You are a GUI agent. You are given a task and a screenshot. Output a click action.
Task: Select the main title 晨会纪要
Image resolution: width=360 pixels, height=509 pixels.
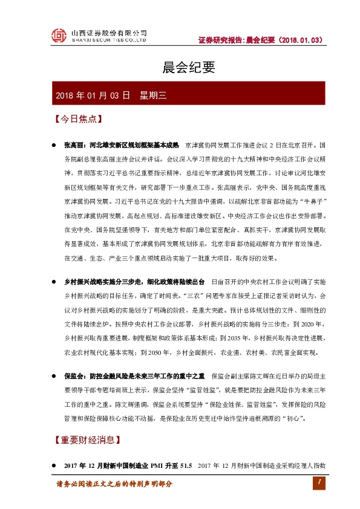[x=180, y=68]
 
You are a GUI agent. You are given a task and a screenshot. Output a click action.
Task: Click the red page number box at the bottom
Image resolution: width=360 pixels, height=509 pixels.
[x=317, y=482]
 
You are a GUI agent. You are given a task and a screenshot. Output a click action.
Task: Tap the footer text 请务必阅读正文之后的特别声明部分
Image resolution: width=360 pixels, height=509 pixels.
[x=114, y=484]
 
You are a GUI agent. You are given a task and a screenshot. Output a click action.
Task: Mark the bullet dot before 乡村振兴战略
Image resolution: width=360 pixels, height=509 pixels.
[x=55, y=282]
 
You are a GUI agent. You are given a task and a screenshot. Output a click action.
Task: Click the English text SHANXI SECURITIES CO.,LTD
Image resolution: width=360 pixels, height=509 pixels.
[x=109, y=41]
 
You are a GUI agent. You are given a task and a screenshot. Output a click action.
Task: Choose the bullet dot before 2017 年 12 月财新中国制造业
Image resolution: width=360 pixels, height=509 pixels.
[x=55, y=466]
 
